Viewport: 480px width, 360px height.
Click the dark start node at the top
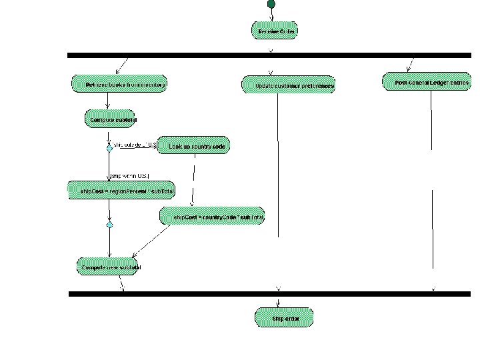coord(271,4)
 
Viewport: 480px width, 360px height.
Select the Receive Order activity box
coord(274,31)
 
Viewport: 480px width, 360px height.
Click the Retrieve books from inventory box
coord(119,85)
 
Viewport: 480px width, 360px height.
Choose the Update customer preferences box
coord(287,85)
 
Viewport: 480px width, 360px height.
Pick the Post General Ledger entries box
coord(427,83)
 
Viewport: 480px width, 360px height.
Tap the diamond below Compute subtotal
coord(109,149)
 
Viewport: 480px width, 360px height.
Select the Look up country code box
coord(193,146)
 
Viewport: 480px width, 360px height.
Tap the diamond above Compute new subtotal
coord(109,225)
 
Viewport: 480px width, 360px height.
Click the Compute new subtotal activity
coord(111,267)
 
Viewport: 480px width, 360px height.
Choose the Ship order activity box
coord(283,319)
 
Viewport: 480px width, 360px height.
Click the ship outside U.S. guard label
coord(135,145)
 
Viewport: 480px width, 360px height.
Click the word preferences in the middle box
coord(316,86)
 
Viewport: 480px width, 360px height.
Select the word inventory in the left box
coord(148,85)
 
